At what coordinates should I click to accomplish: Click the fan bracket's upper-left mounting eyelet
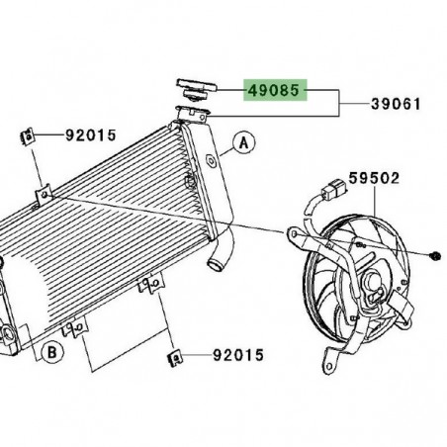[x=293, y=234]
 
